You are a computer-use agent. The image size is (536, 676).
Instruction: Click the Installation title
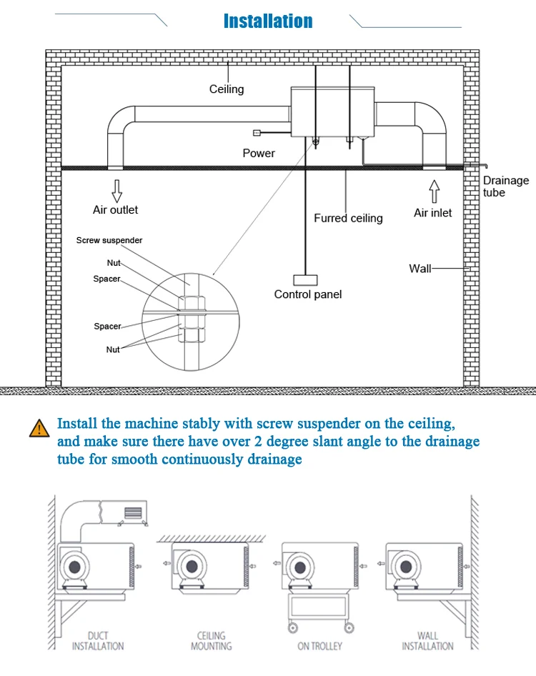point(268,21)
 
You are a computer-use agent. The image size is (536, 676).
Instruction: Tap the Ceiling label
point(227,89)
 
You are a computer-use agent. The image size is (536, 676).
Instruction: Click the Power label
point(259,153)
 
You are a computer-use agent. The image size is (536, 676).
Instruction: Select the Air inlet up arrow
point(433,192)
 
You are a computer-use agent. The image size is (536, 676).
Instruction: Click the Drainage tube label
point(506,187)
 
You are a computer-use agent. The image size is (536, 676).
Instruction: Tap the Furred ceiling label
point(348,218)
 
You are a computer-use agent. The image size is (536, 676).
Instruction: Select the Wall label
point(420,269)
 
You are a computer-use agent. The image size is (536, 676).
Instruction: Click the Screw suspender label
point(109,240)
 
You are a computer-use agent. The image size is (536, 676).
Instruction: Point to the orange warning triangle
point(38,428)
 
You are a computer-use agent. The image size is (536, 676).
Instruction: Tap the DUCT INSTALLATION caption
point(98,640)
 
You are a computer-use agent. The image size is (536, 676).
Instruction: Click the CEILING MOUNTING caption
point(211,640)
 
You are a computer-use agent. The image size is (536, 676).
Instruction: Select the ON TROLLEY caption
point(319,646)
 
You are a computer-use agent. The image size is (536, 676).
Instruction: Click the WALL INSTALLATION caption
point(428,640)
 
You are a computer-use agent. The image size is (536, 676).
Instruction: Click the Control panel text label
point(308,294)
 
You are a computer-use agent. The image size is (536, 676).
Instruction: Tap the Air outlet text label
point(115,210)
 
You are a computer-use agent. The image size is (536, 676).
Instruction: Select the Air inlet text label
point(433,213)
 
